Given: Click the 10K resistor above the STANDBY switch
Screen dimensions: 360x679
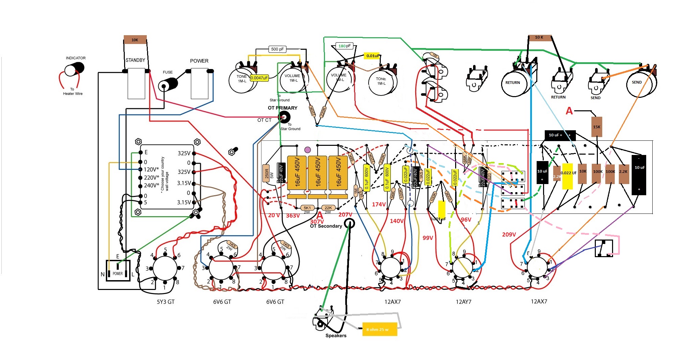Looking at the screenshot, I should coord(135,40).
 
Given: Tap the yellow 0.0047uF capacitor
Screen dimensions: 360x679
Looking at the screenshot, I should coord(259,78).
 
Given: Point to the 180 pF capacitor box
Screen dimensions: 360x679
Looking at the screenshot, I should coord(345,46).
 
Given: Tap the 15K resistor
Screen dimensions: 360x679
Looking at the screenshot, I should coord(597,127).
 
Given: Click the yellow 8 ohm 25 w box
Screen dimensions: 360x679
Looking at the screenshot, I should coord(379,329).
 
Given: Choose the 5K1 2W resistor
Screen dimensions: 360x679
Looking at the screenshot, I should coord(307,208).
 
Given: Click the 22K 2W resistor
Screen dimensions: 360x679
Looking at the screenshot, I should coord(328,208).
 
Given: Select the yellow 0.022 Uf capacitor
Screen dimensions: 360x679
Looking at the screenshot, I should coord(567,176).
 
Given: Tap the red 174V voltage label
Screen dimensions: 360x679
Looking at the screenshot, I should coord(379,204).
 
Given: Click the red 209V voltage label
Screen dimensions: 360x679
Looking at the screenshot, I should coord(509,234).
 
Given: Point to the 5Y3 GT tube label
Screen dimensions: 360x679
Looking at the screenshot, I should coord(165,302).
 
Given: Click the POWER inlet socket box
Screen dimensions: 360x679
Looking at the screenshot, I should coord(118,271).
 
